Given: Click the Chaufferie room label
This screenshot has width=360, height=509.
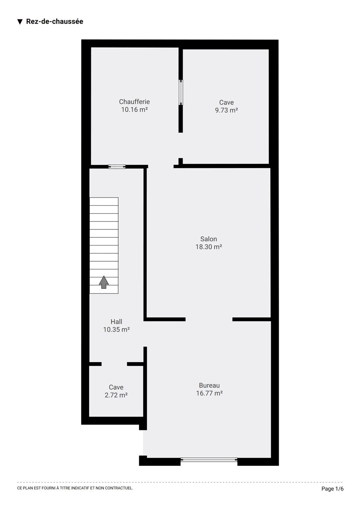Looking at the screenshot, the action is (x=134, y=102).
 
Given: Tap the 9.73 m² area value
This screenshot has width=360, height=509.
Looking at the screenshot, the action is (x=226, y=110).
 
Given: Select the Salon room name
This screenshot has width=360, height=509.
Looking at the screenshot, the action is (x=208, y=239).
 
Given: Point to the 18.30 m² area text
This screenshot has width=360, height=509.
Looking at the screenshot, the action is (x=208, y=247).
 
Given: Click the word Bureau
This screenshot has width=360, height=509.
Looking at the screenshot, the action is (x=209, y=385).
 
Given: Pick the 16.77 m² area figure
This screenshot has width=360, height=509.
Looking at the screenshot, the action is (x=209, y=393).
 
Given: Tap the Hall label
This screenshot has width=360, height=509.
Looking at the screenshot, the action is (x=116, y=322).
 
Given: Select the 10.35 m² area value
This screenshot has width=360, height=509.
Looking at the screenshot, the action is (x=116, y=329).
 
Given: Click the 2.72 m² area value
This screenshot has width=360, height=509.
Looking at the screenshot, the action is (x=116, y=395).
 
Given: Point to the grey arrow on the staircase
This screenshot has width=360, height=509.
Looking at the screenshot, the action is (x=103, y=282).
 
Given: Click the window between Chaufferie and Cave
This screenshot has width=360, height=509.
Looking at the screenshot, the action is (x=181, y=92).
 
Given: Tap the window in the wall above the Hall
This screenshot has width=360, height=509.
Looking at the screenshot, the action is (x=117, y=166).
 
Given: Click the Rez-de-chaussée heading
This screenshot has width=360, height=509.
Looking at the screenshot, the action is (x=54, y=21).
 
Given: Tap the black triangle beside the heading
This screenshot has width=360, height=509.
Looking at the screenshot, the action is (x=20, y=22).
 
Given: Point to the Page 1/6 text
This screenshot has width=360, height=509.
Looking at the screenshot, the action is (x=332, y=488).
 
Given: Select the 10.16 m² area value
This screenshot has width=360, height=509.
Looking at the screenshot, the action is (x=134, y=109).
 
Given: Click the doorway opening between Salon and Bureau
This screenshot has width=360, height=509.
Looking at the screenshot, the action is (x=209, y=319).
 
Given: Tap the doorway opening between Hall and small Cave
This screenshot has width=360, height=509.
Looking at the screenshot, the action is (x=114, y=364).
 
